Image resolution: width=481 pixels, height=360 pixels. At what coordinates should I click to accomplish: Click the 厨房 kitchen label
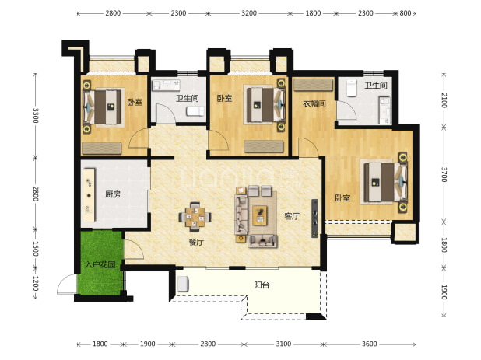113,194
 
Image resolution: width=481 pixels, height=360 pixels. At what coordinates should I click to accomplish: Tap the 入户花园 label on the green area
100,264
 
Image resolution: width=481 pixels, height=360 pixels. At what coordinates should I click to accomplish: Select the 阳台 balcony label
262,285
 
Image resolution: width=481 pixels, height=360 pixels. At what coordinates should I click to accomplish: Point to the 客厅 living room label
292,216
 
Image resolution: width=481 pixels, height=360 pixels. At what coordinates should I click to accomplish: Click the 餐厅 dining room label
196,242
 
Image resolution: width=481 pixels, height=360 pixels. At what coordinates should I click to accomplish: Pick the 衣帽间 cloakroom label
314,103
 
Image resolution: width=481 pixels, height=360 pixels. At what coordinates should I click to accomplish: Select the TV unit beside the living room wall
314,218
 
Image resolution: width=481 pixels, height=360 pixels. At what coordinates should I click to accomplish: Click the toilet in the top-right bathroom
352,88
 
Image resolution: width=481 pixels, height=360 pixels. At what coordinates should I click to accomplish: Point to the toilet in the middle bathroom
195,111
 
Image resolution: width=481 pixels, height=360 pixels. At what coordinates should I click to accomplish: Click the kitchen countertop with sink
89,194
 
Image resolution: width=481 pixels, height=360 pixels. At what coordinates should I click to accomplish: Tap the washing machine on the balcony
183,284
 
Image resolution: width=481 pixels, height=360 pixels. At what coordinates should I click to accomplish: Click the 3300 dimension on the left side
36,116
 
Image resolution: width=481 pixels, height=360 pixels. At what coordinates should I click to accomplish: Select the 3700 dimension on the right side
444,174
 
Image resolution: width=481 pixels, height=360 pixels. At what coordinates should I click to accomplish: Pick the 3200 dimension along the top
249,13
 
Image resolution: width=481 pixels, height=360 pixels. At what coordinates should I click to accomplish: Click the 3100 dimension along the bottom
283,344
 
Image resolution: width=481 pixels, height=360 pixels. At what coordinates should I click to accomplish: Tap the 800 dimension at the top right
406,13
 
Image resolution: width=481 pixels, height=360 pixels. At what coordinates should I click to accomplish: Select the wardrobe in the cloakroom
313,85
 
